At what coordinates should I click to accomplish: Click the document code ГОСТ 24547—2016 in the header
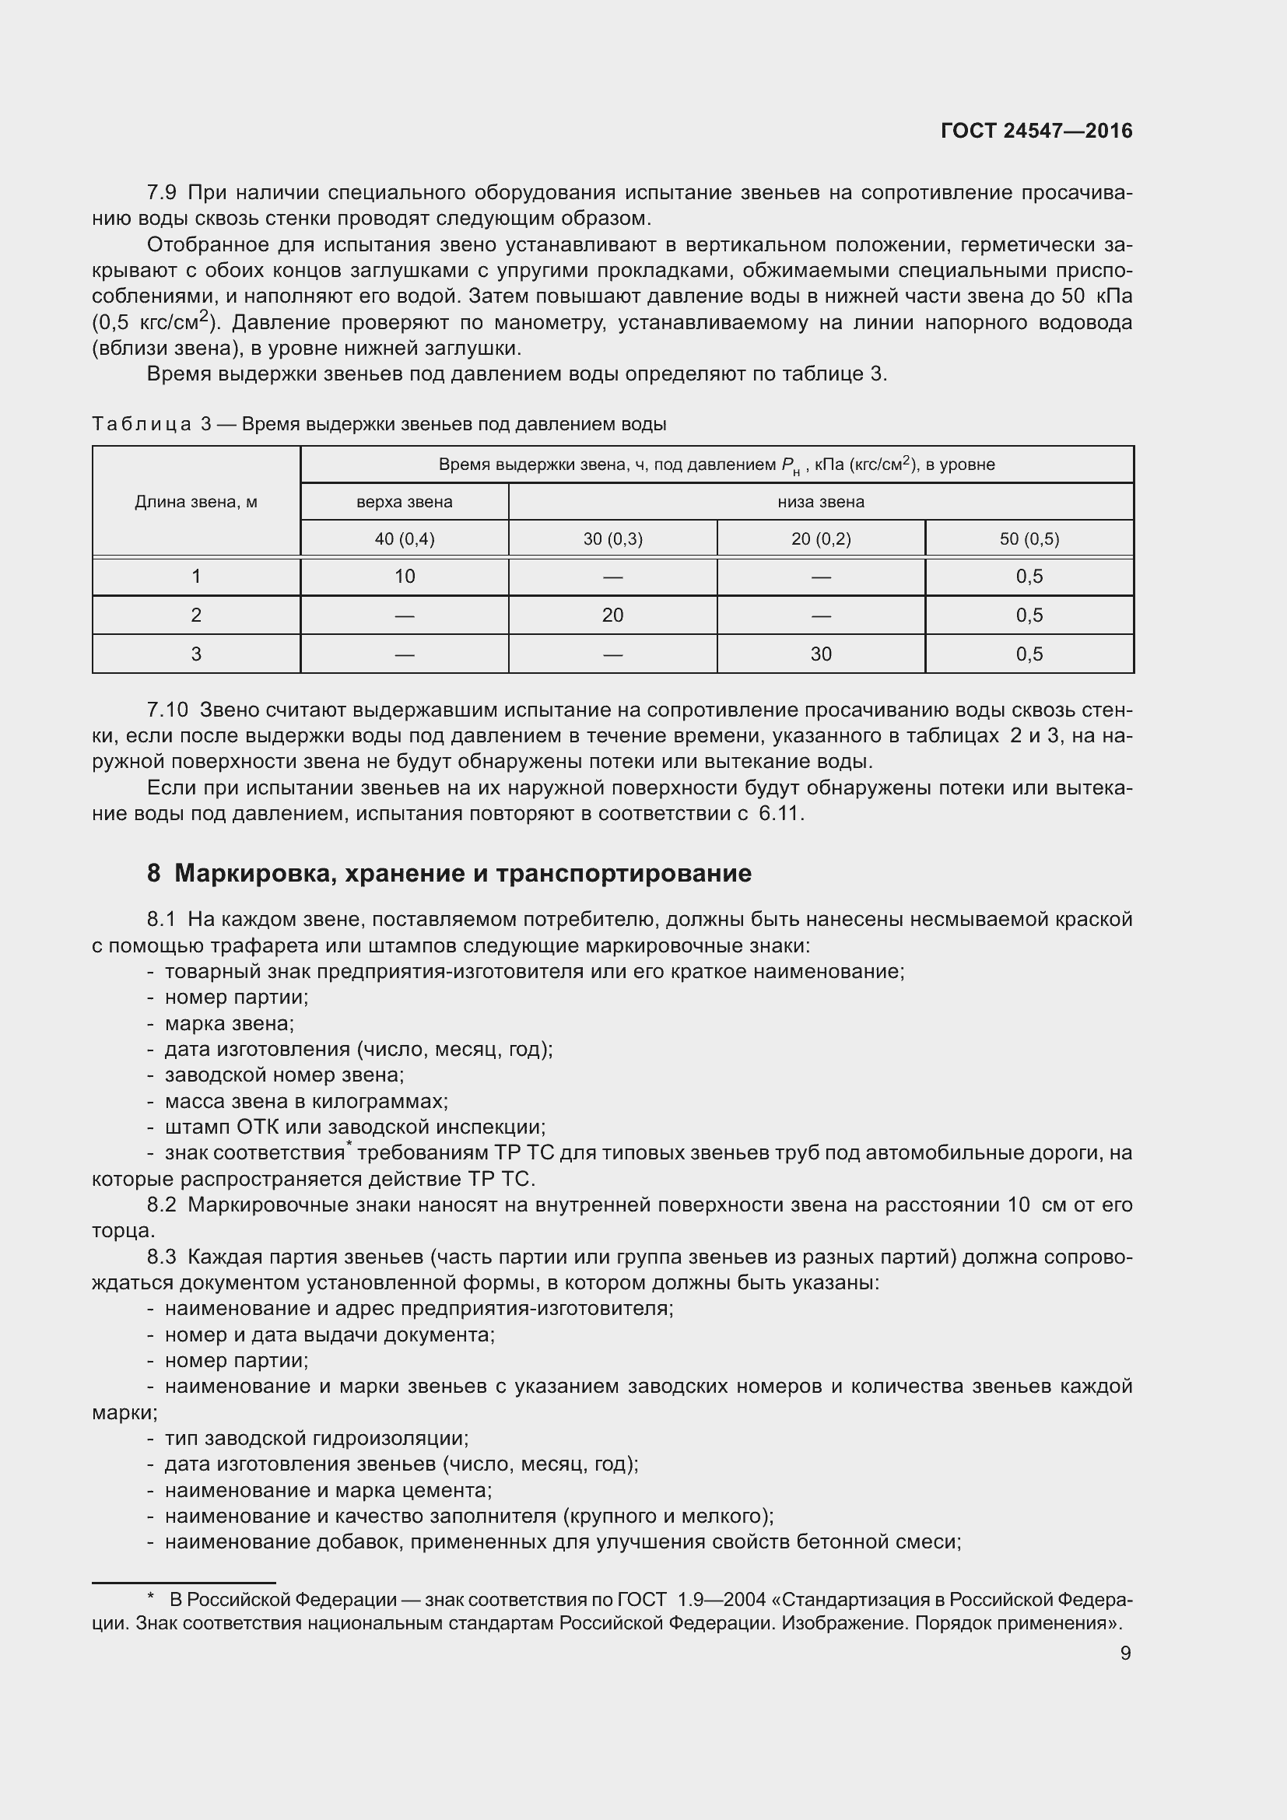point(1036,131)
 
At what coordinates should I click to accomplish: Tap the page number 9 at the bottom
point(1125,1653)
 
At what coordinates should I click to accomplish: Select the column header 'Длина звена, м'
point(196,502)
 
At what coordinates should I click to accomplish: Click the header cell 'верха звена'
point(404,502)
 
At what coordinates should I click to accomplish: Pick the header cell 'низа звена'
point(820,502)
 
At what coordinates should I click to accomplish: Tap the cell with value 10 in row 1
point(404,577)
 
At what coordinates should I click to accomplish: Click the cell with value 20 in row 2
point(612,615)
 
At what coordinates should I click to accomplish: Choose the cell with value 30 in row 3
point(821,654)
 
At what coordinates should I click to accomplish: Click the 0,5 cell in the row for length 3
point(1029,654)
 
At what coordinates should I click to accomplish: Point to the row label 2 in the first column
point(196,615)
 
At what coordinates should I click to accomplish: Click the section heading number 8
point(154,874)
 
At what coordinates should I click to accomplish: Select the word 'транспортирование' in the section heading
point(624,874)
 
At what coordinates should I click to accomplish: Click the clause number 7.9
point(162,193)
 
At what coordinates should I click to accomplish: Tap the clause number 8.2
point(162,1205)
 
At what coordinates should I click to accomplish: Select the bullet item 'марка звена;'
point(229,1023)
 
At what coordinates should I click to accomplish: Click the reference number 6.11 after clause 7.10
point(780,814)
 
